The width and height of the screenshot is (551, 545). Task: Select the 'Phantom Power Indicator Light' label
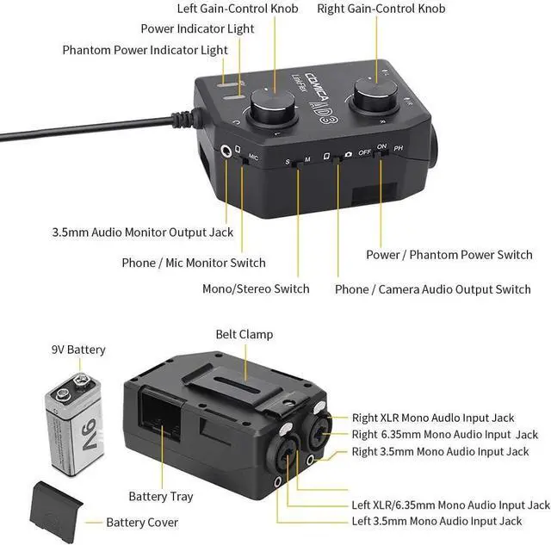pos(145,50)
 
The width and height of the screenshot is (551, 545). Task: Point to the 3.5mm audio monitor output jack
pos(228,151)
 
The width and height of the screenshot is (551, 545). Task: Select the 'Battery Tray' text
pos(161,496)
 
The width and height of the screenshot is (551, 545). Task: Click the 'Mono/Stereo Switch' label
pos(256,288)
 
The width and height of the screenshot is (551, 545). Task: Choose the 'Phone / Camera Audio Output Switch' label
pos(433,289)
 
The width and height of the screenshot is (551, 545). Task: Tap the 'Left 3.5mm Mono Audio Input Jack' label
pos(437,521)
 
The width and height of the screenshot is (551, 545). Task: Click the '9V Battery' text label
pos(78,350)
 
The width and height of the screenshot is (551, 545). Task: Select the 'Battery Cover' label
pos(142,522)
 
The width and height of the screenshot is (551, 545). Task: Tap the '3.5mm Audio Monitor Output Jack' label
pos(143,232)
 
